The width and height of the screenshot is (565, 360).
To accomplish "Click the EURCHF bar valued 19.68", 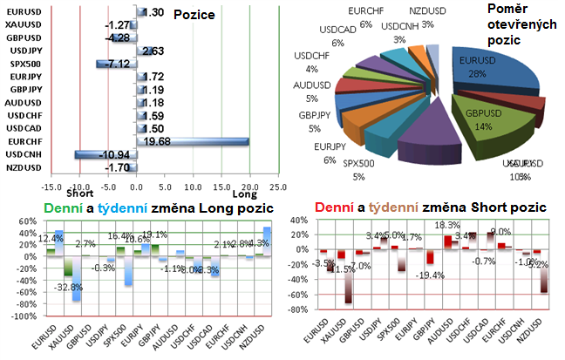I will pos(193,141).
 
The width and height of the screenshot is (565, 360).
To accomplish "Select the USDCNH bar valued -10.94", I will pos(106,154).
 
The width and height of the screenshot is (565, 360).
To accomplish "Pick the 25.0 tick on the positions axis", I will pos(277,187).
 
